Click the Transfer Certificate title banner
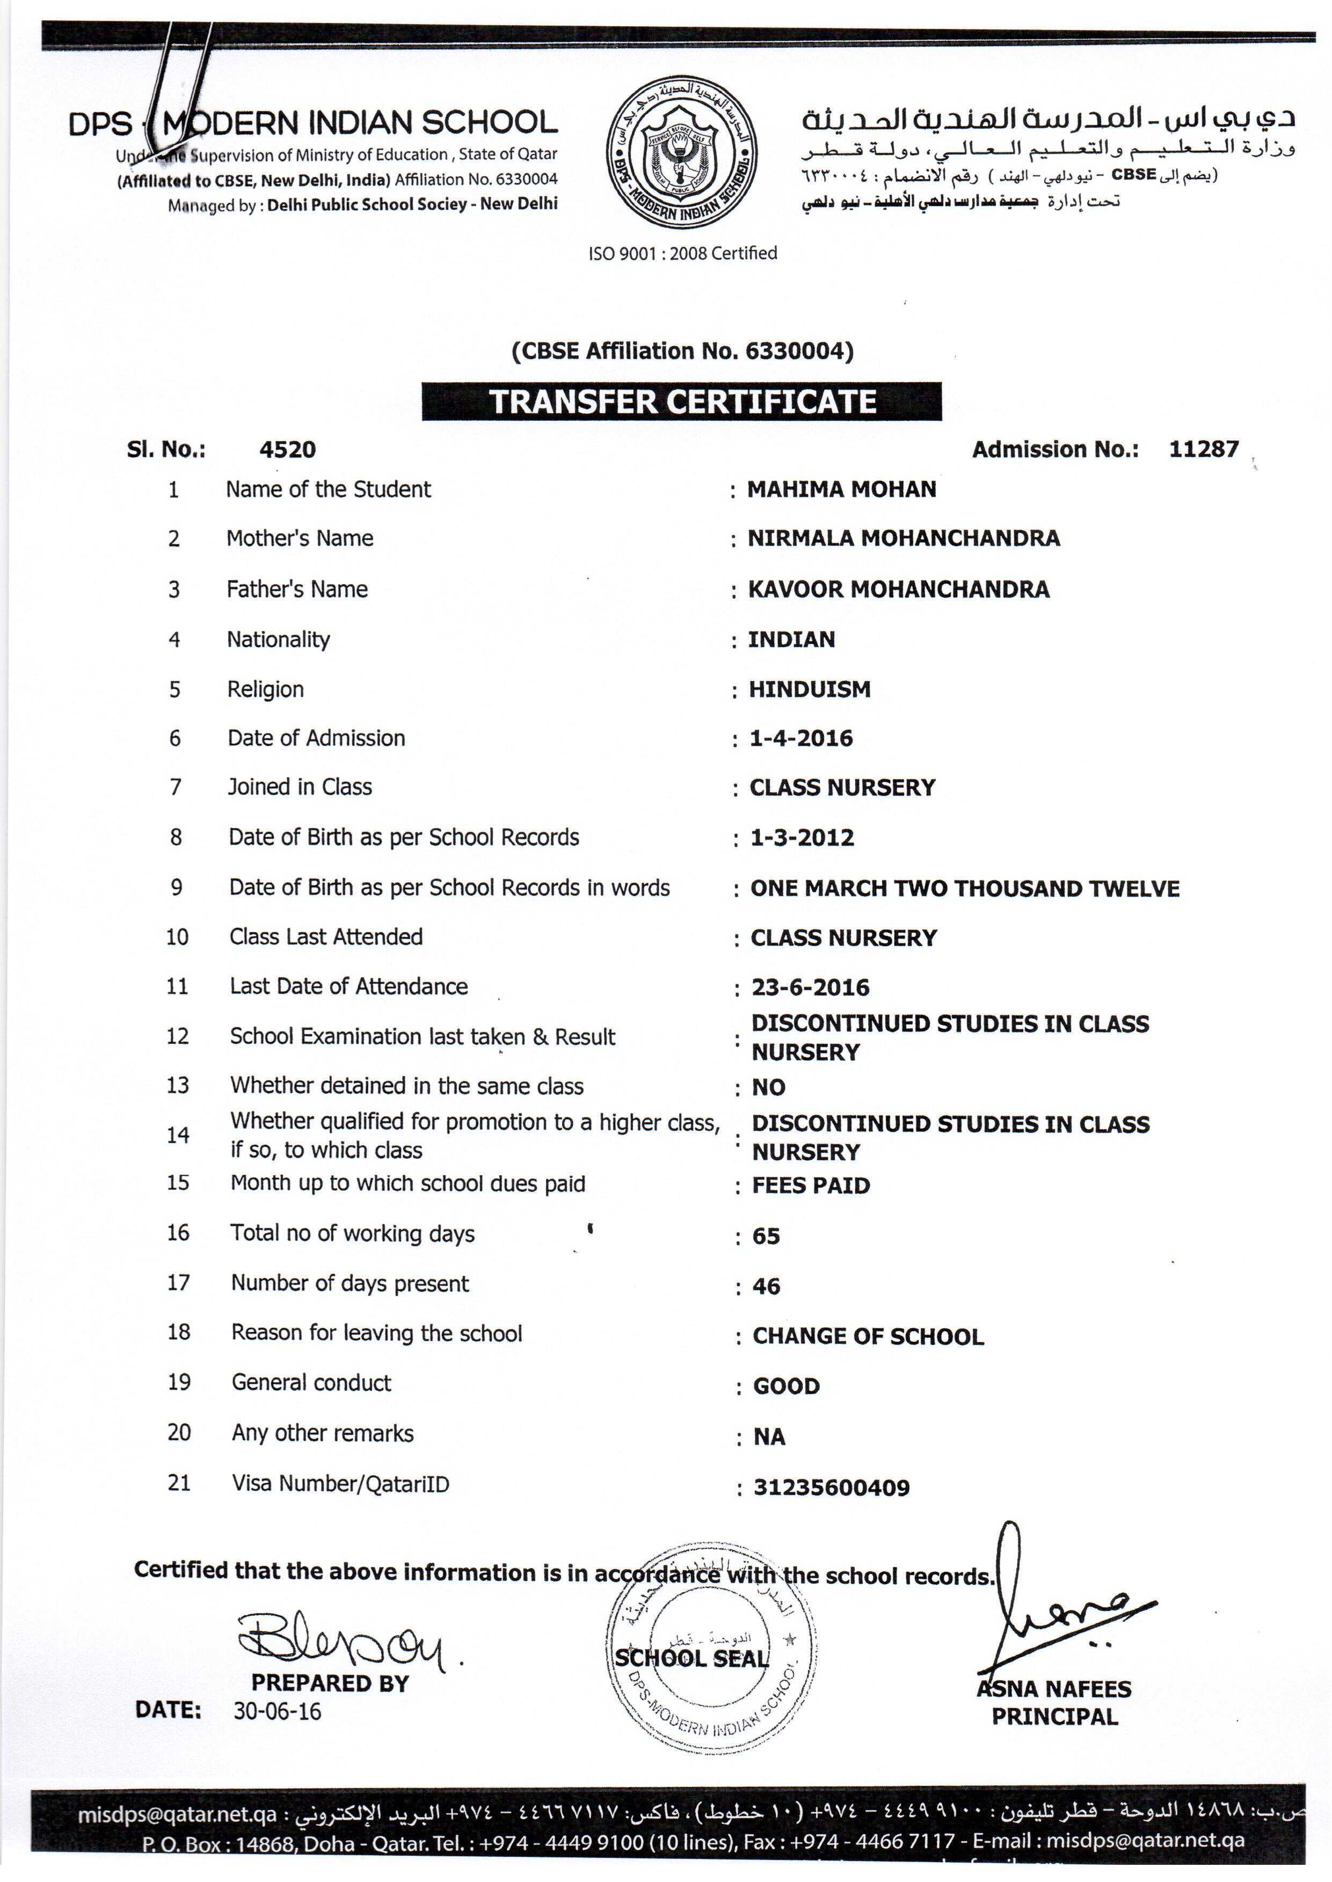682,401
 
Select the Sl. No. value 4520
287,449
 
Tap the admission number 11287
1203,449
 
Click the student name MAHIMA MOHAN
841,489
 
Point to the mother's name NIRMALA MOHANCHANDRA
903,539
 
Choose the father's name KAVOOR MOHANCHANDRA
898,589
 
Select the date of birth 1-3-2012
802,838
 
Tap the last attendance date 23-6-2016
810,988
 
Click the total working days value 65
766,1236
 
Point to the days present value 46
766,1286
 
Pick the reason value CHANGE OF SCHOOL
868,1337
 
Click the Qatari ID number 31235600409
832,1488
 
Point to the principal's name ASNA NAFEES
1054,1689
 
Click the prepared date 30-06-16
277,1711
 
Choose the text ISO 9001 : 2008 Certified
682,253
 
